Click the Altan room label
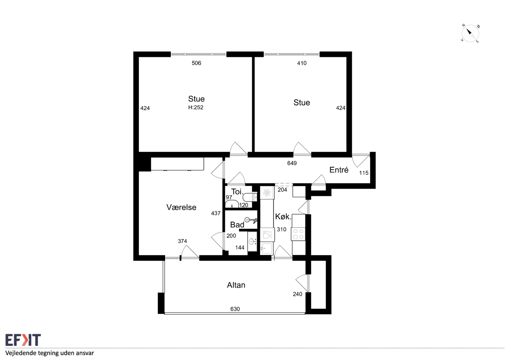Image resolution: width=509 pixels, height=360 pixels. tap(236, 285)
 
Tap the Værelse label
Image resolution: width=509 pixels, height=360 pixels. tap(181, 207)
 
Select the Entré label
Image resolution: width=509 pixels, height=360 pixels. tap(339, 170)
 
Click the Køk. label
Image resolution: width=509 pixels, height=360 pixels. tap(283, 217)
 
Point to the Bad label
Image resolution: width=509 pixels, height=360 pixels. tap(237, 225)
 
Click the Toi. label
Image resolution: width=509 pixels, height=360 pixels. tap(237, 192)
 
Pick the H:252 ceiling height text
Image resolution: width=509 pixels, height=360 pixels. tap(196, 107)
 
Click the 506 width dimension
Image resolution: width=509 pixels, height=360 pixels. tap(196, 63)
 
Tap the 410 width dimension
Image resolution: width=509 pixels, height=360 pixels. tap(302, 63)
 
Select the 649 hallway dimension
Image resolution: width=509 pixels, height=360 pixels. tap(292, 163)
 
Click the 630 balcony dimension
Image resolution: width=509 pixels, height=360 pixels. tap(235, 309)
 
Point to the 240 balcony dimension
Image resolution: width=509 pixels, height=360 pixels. tap(297, 294)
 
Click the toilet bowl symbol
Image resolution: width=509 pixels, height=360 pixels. tap(250, 197)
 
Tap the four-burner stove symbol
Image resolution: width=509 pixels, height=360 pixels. tap(298, 234)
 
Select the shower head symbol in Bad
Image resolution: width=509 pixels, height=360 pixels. tap(251, 220)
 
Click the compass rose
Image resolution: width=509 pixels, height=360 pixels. tap(470, 33)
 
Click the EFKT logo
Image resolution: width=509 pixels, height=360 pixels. tap(23, 340)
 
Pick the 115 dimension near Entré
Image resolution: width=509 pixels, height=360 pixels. tap(363, 173)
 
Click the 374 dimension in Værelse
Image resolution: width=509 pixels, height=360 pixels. tap(182, 241)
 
